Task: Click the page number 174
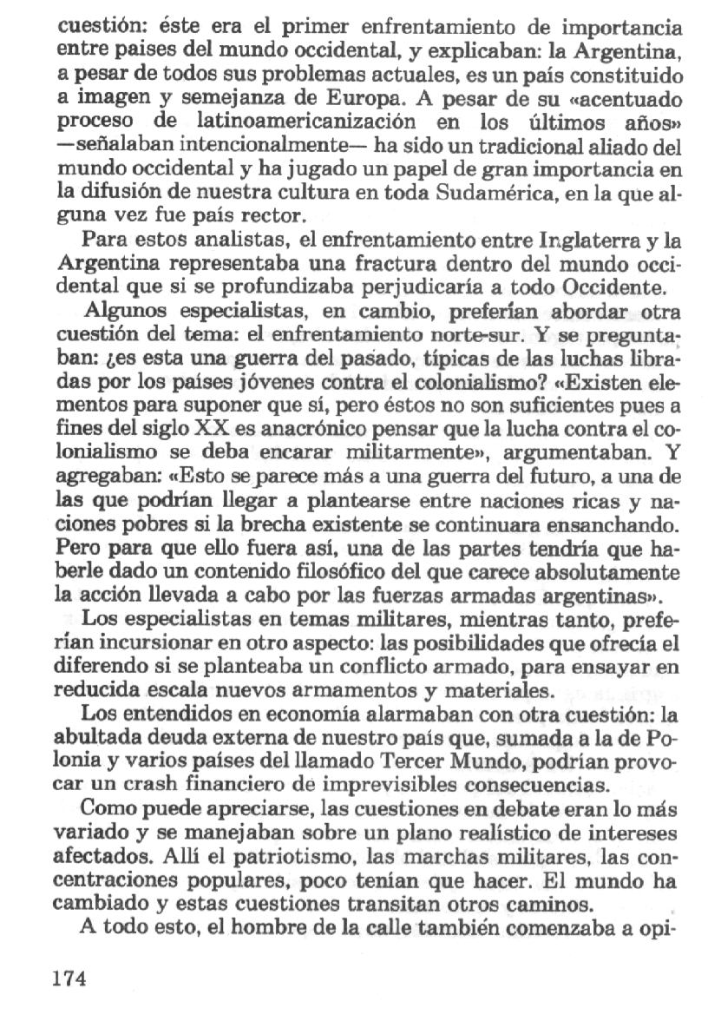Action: point(71,979)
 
